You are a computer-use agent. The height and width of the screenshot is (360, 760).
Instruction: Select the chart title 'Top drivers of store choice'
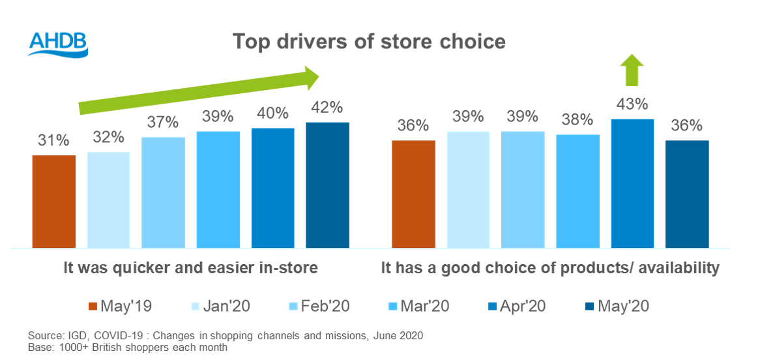(x=369, y=42)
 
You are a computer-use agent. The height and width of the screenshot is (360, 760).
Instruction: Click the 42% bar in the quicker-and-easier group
(x=327, y=185)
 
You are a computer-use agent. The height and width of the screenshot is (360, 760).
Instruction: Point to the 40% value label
(x=272, y=113)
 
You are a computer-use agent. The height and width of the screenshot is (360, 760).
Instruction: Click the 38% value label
(x=577, y=120)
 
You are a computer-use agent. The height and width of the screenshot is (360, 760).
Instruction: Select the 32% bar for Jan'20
(x=108, y=200)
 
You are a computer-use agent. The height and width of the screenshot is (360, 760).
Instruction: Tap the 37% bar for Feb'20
(x=163, y=192)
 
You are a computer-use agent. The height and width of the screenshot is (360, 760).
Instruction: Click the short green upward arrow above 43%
(x=632, y=70)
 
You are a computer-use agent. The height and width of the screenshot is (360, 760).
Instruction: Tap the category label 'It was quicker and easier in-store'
(x=191, y=267)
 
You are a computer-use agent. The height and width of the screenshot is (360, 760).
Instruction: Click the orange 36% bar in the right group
(x=413, y=194)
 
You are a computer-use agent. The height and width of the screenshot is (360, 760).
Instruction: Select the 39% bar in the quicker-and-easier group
(x=218, y=189)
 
